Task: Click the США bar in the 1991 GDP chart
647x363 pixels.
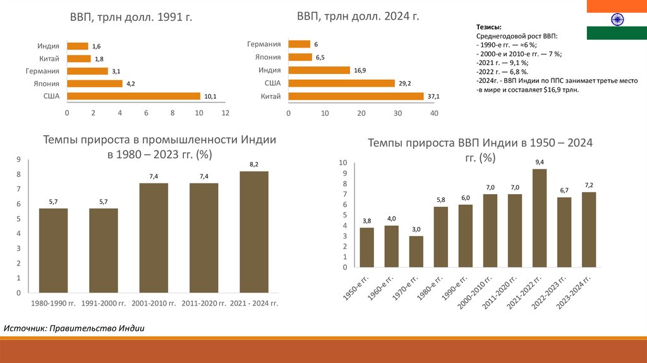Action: (x=133, y=96)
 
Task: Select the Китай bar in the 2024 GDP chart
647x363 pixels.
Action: (x=356, y=96)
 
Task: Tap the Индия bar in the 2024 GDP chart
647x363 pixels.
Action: (x=319, y=70)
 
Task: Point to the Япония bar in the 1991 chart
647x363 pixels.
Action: (x=94, y=83)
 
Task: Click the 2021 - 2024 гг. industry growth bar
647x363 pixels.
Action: (x=254, y=231)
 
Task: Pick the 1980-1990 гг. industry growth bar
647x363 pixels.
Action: (x=53, y=250)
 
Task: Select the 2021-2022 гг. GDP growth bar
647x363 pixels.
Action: (x=539, y=218)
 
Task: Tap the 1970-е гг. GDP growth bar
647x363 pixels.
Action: (x=416, y=251)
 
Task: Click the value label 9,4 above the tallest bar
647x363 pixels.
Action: (x=540, y=163)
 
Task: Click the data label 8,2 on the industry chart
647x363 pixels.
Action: (x=254, y=164)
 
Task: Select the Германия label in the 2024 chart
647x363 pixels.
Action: (x=264, y=44)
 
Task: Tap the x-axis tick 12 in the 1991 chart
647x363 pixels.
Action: (x=225, y=113)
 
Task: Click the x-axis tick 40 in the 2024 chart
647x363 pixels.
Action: (x=433, y=113)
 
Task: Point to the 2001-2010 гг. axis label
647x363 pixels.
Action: (x=154, y=304)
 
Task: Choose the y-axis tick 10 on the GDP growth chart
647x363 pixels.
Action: (x=343, y=163)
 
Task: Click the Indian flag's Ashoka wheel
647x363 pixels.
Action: (x=616, y=20)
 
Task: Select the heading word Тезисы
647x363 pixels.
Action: (x=489, y=28)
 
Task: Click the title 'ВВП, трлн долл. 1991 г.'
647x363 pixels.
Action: (x=131, y=18)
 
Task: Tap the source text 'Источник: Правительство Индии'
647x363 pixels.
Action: (x=75, y=328)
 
